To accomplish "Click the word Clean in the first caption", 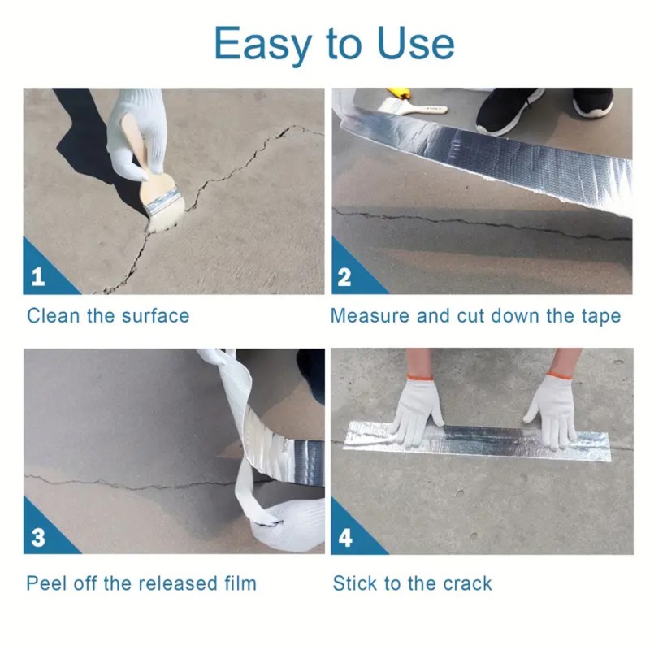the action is click(54, 316).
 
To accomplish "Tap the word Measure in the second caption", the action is click(370, 316).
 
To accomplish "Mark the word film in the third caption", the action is click(240, 583).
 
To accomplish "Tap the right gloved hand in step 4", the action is click(552, 409).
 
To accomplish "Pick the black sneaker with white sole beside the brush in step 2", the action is click(507, 110).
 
